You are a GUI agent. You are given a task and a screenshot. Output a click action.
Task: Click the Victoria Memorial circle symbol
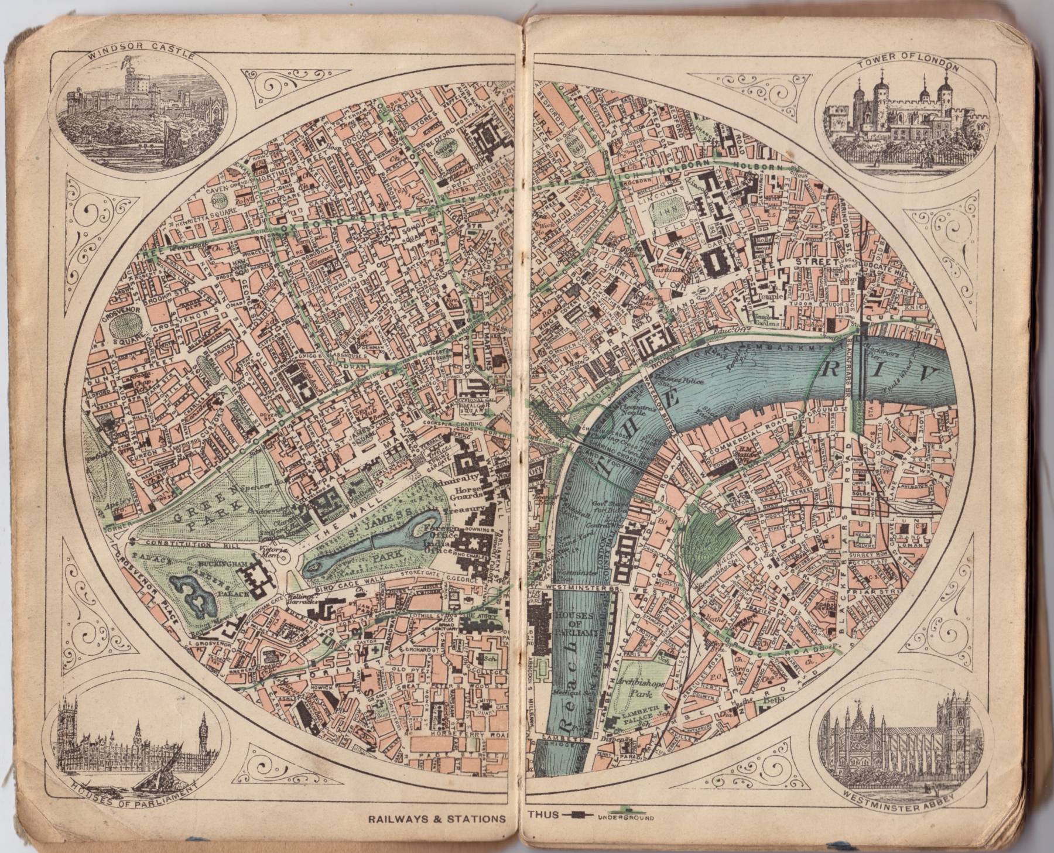283,553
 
